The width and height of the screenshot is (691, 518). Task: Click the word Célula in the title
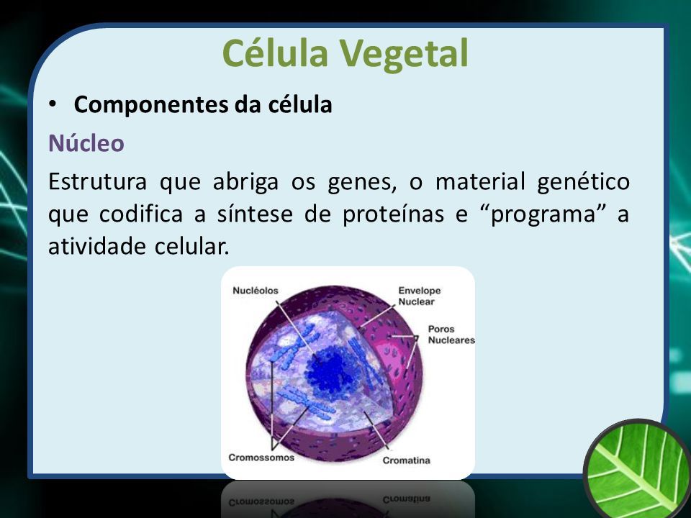276,53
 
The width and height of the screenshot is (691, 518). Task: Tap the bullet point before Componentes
53,104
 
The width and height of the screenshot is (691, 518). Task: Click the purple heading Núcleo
86,142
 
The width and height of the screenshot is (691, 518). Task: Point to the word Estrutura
97,181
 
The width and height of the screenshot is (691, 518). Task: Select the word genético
584,182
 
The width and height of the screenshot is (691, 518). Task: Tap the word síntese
255,214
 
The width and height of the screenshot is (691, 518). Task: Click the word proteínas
394,215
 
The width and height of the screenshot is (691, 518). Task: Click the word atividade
97,246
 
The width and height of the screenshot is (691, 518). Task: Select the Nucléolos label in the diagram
256,291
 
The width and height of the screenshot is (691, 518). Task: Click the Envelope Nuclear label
420,296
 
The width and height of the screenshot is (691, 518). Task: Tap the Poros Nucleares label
451,335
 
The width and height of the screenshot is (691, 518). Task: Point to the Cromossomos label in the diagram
261,458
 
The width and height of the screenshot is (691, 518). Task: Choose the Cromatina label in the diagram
406,460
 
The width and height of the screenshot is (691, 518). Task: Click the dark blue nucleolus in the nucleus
330,369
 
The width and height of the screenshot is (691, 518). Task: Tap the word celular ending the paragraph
192,246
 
